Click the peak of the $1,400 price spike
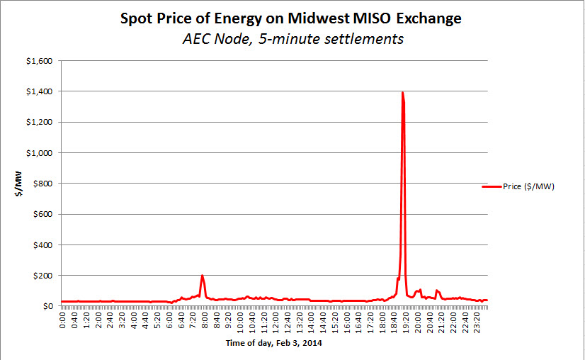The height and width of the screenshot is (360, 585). pos(402,93)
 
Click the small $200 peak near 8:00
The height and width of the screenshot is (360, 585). pos(203,276)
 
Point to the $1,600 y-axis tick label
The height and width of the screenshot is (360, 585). pos(39,61)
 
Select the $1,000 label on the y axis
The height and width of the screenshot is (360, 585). pos(39,153)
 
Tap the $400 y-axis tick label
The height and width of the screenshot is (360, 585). pos(42,245)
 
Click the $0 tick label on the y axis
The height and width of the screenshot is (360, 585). pos(47,306)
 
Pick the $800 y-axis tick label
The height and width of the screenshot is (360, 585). pos(42,184)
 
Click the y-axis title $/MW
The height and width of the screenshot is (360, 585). pos(22,184)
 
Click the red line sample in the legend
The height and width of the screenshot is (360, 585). pos(492,186)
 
